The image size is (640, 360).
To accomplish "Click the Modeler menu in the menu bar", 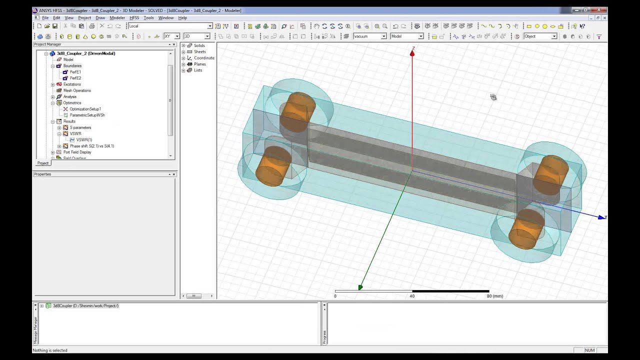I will [x=117, y=18].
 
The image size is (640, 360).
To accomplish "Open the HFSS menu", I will [x=134, y=18].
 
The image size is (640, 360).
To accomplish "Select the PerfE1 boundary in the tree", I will [x=75, y=72].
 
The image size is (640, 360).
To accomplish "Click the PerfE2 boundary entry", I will [x=75, y=78].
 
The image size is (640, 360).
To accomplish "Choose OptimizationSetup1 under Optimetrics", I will [x=85, y=109].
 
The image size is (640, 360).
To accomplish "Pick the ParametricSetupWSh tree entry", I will [x=87, y=115].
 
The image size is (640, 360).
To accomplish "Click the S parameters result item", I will [x=80, y=127].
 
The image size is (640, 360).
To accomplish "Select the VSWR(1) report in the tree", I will [x=84, y=140].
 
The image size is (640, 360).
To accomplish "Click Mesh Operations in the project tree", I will [x=77, y=90].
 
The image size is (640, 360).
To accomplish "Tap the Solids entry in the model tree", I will [x=199, y=45].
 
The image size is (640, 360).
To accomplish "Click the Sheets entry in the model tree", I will [x=199, y=51].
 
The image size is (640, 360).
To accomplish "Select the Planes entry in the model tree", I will [x=199, y=64].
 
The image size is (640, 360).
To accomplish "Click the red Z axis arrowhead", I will [x=412, y=52].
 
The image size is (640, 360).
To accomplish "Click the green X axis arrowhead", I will [x=360, y=287].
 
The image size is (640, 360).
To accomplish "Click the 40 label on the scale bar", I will [x=412, y=296].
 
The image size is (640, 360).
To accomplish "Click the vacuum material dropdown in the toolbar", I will [x=370, y=36].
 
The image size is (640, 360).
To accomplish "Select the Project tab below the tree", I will [x=43, y=163].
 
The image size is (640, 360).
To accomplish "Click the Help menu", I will [x=182, y=18].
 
